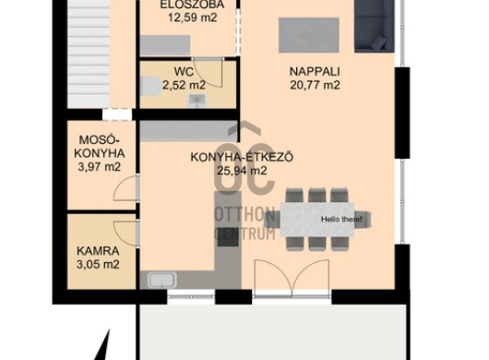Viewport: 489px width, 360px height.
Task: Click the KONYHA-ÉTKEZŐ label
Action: pos(241,157)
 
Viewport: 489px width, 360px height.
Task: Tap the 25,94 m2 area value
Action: pos(242,170)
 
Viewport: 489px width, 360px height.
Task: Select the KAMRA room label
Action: pos(97,250)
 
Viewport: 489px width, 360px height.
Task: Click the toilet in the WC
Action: pos(151,88)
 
